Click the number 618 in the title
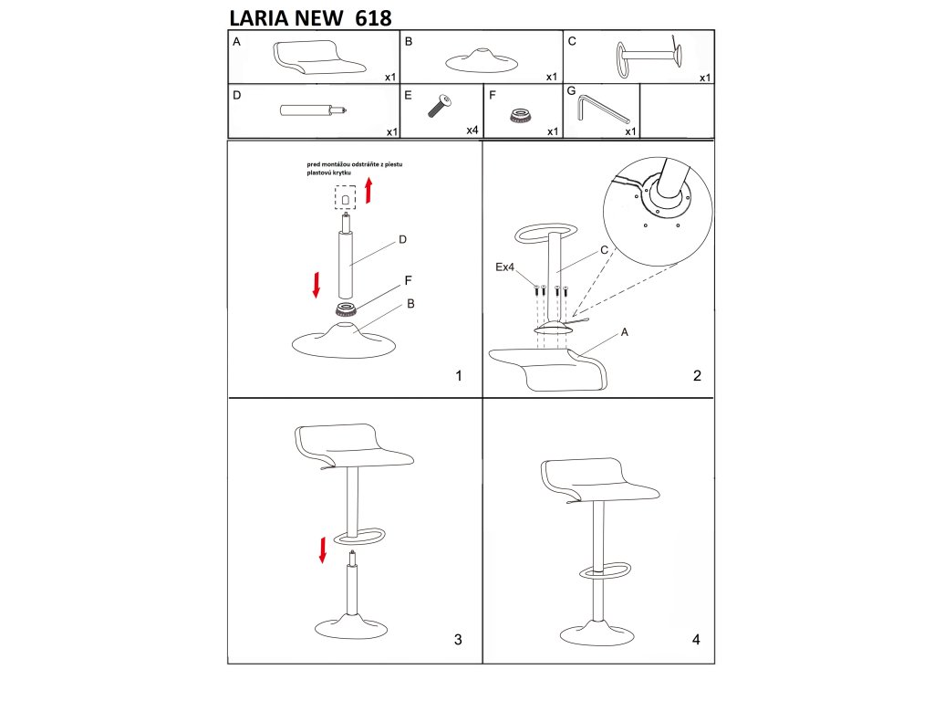pos(373,18)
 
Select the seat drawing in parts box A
pos(319,58)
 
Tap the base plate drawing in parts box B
pos(482,61)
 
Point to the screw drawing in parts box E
pos(440,106)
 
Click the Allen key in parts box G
pos(602,110)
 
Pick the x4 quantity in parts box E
pos(472,131)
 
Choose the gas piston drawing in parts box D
pos(314,110)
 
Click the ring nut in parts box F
pos(521,116)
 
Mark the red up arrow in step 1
pos(368,190)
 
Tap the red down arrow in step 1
pos(317,285)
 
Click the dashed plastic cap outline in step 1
pos(345,197)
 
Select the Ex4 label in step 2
pos(504,267)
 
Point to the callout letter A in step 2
pos(624,332)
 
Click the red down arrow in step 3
pos(323,550)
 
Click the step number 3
pos(458,640)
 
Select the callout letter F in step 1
pos(408,280)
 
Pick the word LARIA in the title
pos(259,18)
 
